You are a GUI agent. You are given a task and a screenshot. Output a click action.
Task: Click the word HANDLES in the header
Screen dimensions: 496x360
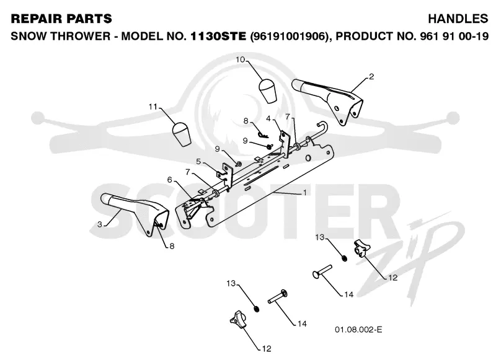pyautogui.click(x=458, y=19)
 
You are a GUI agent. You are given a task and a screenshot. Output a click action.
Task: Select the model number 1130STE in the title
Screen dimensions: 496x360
pyautogui.click(x=218, y=36)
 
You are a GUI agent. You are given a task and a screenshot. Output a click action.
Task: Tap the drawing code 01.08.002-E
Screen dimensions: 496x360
pyautogui.click(x=358, y=330)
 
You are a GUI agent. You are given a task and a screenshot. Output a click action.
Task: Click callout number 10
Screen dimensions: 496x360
pyautogui.click(x=241, y=59)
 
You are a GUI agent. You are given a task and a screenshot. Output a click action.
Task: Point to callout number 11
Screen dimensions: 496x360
pyautogui.click(x=153, y=107)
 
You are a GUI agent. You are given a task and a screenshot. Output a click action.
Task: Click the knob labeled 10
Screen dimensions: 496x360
pyautogui.click(x=267, y=90)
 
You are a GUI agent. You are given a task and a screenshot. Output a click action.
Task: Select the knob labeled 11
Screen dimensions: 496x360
pyautogui.click(x=180, y=134)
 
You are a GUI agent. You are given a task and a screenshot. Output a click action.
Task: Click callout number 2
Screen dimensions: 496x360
pyautogui.click(x=371, y=76)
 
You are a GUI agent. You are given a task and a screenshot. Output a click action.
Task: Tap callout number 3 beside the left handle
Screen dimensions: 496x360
pyautogui.click(x=100, y=224)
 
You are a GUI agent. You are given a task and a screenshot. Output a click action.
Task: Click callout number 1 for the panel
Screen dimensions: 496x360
pyautogui.click(x=304, y=193)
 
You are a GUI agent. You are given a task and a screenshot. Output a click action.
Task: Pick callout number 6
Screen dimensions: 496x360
pyautogui.click(x=170, y=180)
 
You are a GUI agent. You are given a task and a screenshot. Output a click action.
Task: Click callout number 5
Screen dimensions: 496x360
pyautogui.click(x=198, y=162)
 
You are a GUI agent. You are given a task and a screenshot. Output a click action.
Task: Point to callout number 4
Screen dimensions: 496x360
pyautogui.click(x=268, y=118)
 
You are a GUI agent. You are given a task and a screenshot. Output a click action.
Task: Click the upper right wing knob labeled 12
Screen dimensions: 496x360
pyautogui.click(x=360, y=248)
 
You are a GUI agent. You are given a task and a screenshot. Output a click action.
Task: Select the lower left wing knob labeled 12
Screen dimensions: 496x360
pyautogui.click(x=238, y=319)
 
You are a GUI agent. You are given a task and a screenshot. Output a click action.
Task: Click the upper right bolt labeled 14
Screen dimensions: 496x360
pyautogui.click(x=322, y=271)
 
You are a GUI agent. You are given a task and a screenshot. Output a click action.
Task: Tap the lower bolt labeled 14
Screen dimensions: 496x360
pyautogui.click(x=278, y=296)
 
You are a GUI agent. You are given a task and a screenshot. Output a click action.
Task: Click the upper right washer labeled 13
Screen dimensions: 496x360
pyautogui.click(x=345, y=258)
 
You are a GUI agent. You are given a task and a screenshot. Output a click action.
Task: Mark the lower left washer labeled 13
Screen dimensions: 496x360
pyautogui.click(x=257, y=309)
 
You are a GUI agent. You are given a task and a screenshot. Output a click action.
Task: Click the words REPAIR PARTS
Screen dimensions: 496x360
pyautogui.click(x=61, y=19)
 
